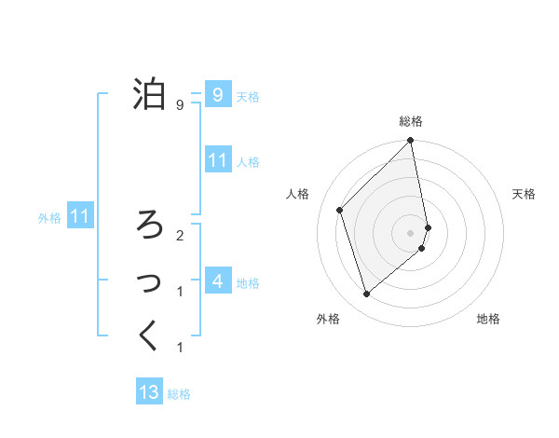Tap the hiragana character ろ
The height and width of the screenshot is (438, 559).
click(x=149, y=224)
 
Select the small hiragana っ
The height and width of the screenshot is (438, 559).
click(x=150, y=281)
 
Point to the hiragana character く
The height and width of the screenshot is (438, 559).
click(x=149, y=335)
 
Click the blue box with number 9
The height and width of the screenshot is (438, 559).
click(x=217, y=94)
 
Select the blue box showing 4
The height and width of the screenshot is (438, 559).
click(x=217, y=281)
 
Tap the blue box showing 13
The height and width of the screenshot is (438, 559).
click(x=149, y=392)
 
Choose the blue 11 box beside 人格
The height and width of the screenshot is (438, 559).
click(x=217, y=159)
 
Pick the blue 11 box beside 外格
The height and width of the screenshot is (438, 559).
click(x=80, y=217)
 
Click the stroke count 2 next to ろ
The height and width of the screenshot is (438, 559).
click(x=179, y=235)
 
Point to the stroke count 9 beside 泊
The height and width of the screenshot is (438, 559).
click(x=179, y=105)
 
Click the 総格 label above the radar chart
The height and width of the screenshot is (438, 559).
click(x=411, y=121)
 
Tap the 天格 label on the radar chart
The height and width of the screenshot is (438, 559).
click(x=525, y=194)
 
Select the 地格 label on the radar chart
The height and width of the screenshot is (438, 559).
click(x=488, y=319)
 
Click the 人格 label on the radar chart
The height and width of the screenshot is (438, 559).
click(x=298, y=194)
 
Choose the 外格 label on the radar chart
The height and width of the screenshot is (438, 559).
click(x=328, y=319)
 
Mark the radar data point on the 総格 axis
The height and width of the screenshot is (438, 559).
click(x=411, y=141)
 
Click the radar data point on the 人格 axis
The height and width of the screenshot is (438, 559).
click(x=340, y=210)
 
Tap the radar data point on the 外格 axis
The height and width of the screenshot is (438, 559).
click(x=366, y=294)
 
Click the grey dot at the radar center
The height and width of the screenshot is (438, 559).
click(x=411, y=232)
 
